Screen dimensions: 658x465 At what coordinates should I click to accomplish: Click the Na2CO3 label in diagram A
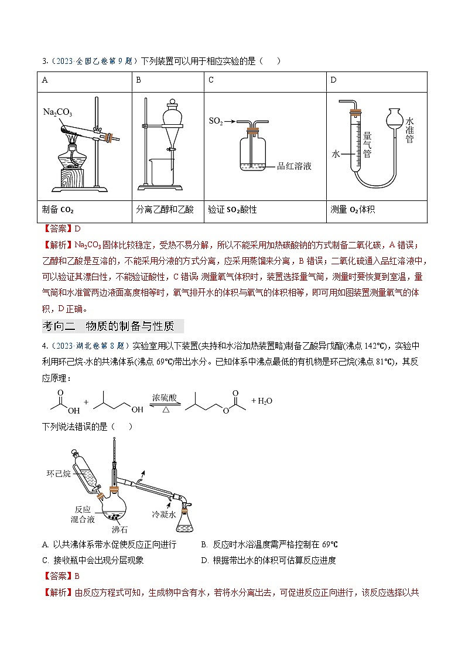pyautogui.click(x=58, y=111)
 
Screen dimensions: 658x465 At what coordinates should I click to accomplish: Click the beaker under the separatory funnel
pyautogui.click(x=155, y=171)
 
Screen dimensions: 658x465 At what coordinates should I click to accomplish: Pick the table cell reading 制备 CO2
pyautogui.click(x=58, y=209)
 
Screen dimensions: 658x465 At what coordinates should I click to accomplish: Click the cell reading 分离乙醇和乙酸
pyautogui.click(x=165, y=209)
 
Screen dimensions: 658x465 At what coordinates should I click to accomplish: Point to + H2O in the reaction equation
pyautogui.click(x=261, y=401)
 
